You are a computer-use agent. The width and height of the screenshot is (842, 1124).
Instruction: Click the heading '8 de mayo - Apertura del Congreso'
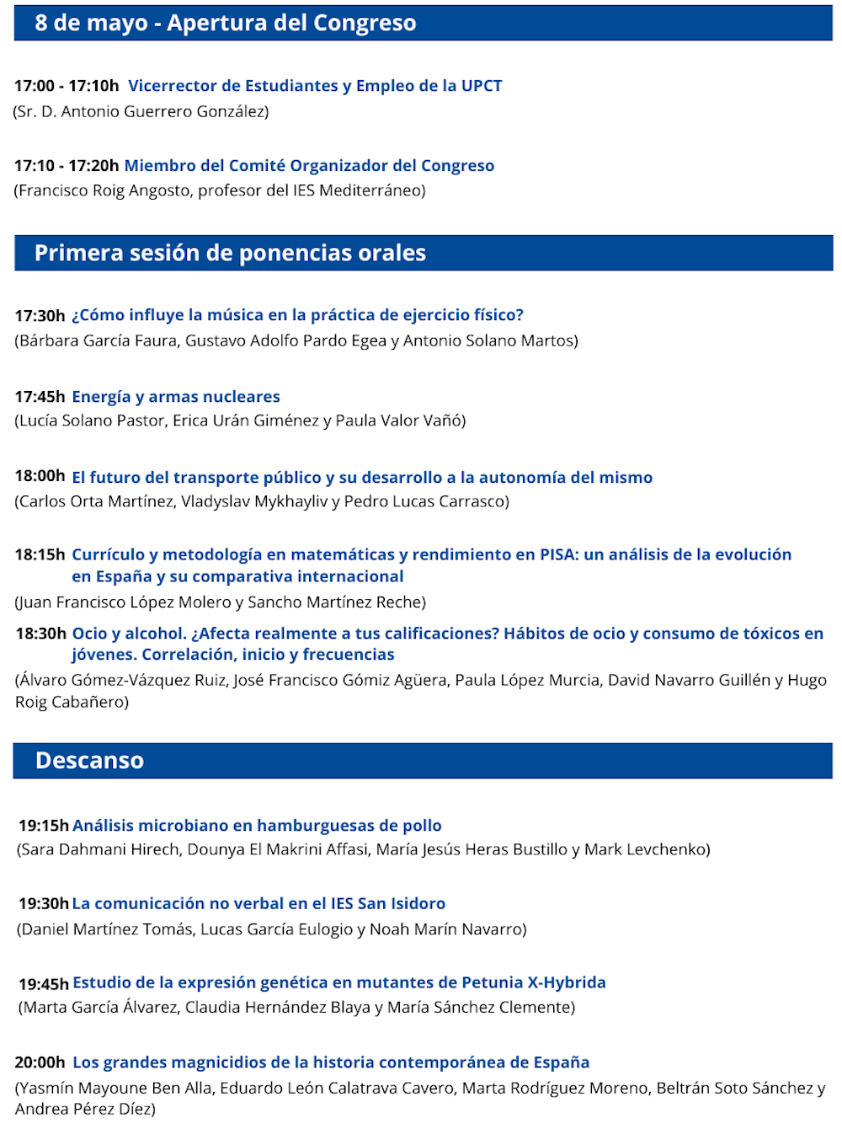tap(225, 23)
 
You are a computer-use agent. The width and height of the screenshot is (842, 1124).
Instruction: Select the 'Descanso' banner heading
tap(89, 760)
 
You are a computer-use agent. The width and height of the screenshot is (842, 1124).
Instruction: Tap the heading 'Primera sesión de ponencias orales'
tap(230, 253)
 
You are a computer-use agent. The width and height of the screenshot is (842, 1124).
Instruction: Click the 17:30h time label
tap(40, 316)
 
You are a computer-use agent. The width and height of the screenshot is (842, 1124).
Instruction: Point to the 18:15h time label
tap(40, 554)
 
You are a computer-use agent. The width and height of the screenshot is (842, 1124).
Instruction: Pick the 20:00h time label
tap(40, 1062)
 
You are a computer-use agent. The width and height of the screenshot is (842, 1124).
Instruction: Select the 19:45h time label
tap(43, 983)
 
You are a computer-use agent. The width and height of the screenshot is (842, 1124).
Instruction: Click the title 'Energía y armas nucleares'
tap(176, 396)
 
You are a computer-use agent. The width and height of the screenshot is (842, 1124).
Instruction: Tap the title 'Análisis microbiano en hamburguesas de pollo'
tap(257, 825)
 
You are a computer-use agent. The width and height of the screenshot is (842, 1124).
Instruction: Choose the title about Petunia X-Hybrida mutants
tap(339, 982)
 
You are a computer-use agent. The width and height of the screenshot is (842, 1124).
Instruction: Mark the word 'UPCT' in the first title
tap(482, 86)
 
